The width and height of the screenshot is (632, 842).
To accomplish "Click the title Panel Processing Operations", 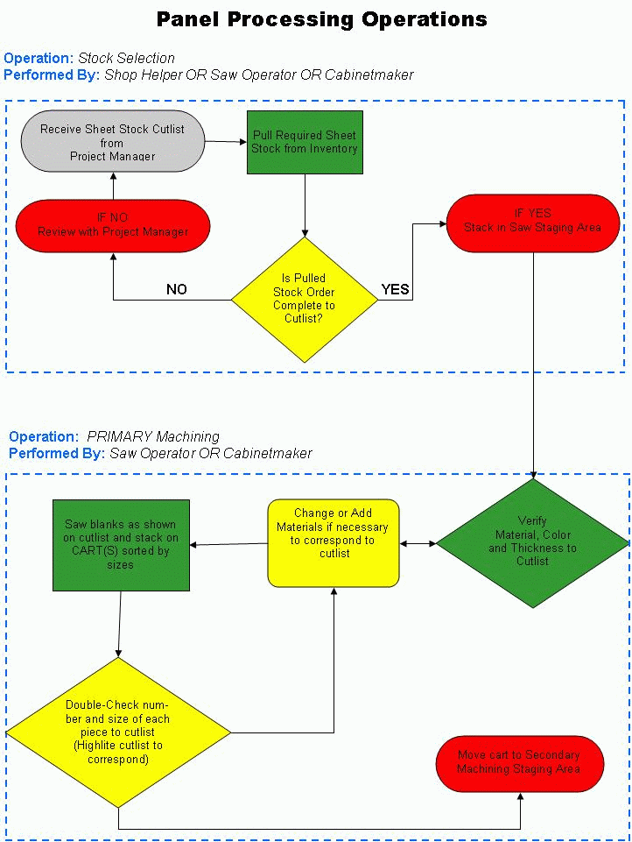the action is [x=322, y=19].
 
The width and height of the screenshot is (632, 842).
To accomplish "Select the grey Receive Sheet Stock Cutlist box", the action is [x=113, y=141].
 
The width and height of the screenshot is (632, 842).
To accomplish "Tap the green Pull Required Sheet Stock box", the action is [x=305, y=142].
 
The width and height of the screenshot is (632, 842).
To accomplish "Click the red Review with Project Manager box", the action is [x=113, y=225].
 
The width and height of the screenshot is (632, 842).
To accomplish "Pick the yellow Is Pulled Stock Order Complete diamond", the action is [x=305, y=300].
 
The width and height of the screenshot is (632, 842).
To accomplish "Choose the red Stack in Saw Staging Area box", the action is [x=533, y=223].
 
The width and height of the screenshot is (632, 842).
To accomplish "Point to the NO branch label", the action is [x=177, y=289].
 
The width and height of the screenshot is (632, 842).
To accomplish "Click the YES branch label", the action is [x=396, y=289].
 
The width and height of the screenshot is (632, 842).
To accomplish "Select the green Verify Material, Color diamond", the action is [x=533, y=543].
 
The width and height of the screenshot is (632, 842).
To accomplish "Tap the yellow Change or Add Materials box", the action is [x=334, y=543].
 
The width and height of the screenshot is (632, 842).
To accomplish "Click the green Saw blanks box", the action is [x=122, y=546].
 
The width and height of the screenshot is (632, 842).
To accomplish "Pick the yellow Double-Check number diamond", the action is [x=118, y=732].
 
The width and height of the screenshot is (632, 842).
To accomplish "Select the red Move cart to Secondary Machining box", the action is [x=520, y=764].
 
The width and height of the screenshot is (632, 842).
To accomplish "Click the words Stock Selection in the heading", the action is [x=127, y=58].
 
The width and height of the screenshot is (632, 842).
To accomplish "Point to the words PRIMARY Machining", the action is [x=153, y=436].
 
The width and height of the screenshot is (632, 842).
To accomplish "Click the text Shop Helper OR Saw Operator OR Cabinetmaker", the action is [x=259, y=74].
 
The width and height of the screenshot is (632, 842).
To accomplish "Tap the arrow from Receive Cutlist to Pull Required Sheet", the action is [x=226, y=142].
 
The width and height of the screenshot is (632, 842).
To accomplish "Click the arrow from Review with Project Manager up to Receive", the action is [x=113, y=186].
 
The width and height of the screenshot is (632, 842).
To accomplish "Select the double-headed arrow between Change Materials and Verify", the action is [x=418, y=543].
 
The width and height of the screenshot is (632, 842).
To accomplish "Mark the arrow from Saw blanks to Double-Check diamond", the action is [x=119, y=625].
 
